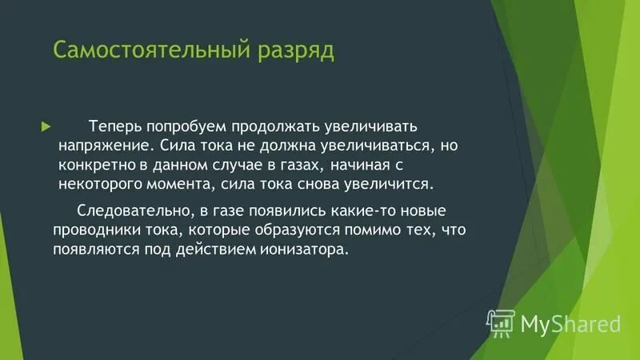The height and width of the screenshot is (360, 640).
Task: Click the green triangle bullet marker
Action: click(x=46, y=127)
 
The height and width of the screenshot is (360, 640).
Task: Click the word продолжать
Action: click(x=278, y=127)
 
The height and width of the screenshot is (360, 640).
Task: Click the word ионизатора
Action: click(x=306, y=249)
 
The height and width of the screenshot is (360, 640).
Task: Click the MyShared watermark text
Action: click(x=570, y=323)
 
